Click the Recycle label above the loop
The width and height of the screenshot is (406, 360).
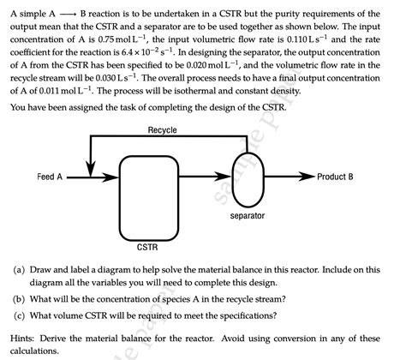point(162,129)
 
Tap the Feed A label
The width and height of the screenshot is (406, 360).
point(50,177)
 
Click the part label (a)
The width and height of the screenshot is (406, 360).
point(18,268)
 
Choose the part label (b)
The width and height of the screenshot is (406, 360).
point(18,299)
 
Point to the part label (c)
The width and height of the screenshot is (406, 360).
point(18,315)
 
